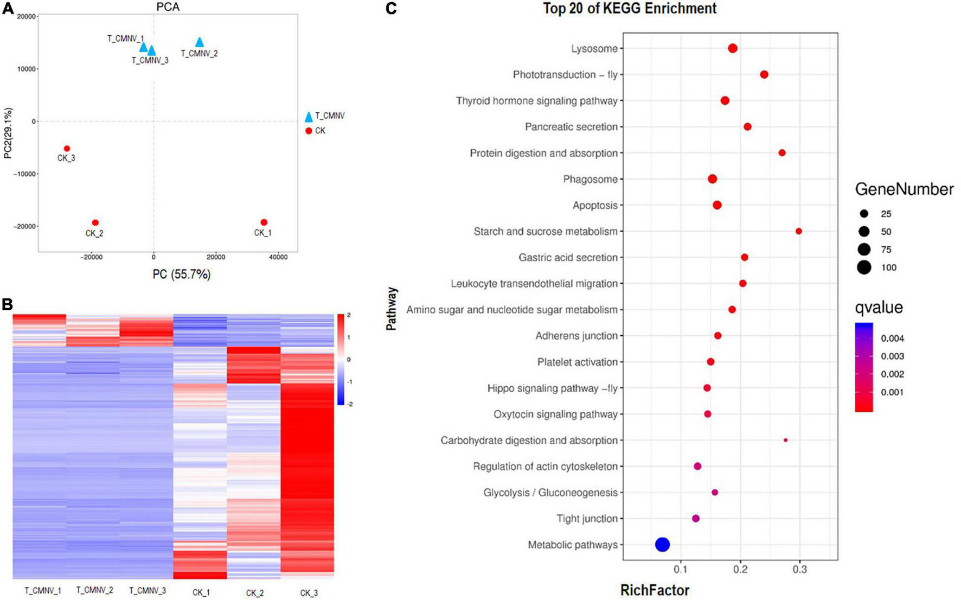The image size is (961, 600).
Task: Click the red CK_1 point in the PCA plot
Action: [264, 222]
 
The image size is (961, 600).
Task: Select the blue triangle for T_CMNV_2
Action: [200, 42]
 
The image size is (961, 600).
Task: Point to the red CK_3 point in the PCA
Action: [67, 149]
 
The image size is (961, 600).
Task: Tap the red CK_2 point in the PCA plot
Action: [95, 222]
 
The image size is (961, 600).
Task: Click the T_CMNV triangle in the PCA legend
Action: [309, 117]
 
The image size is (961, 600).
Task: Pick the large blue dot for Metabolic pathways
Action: [662, 545]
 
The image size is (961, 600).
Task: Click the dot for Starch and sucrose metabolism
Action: [798, 231]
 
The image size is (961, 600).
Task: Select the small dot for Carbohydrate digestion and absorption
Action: [785, 440]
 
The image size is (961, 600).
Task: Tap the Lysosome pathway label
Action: [594, 49]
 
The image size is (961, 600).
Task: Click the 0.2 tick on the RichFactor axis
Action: [740, 569]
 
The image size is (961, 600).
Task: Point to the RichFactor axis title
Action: [655, 590]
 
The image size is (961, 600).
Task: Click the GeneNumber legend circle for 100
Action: [864, 267]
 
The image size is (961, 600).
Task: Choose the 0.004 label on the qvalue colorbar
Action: [892, 339]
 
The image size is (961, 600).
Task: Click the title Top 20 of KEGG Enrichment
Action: [630, 9]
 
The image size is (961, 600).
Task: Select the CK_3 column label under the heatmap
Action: [309, 593]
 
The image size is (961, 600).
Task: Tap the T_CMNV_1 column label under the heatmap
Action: [43, 590]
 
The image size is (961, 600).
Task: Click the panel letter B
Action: [7, 304]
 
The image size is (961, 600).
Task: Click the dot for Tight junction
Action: [696, 519]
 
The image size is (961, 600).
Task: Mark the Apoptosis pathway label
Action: [595, 206]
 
